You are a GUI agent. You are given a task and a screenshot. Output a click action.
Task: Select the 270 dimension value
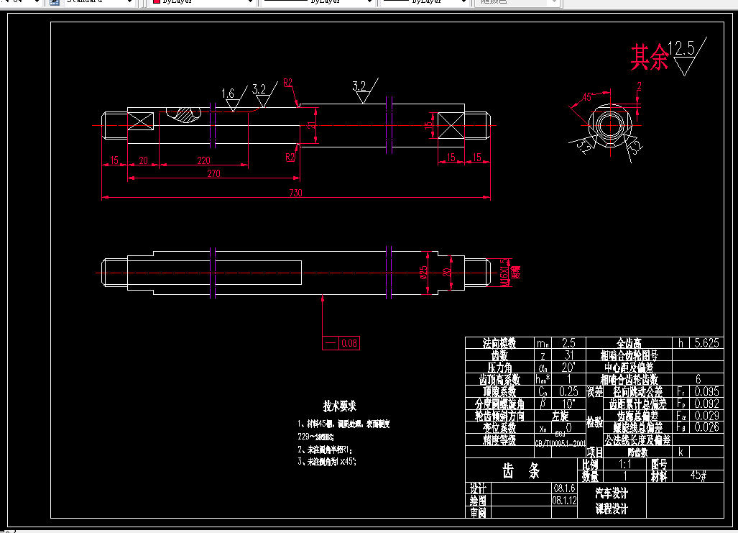click(214, 173)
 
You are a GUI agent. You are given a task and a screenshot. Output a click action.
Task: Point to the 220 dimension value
click(203, 161)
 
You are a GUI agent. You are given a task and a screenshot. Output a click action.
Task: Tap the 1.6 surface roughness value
click(228, 94)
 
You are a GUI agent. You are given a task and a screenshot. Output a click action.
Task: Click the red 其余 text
click(649, 58)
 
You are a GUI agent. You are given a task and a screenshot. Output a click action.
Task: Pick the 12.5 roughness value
click(681, 49)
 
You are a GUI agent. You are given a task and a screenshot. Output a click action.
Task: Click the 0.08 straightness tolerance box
click(349, 343)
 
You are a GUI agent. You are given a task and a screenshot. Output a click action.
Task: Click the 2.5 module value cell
click(568, 343)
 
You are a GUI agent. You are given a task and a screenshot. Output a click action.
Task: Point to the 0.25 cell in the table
click(568, 392)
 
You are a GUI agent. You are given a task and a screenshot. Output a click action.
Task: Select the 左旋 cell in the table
click(560, 416)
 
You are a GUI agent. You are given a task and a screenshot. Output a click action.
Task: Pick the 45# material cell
click(698, 475)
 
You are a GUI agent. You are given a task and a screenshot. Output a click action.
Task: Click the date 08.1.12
click(564, 500)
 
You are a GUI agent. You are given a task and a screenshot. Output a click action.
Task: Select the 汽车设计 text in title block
click(612, 493)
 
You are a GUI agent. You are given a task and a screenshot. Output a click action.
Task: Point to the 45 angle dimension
click(586, 96)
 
